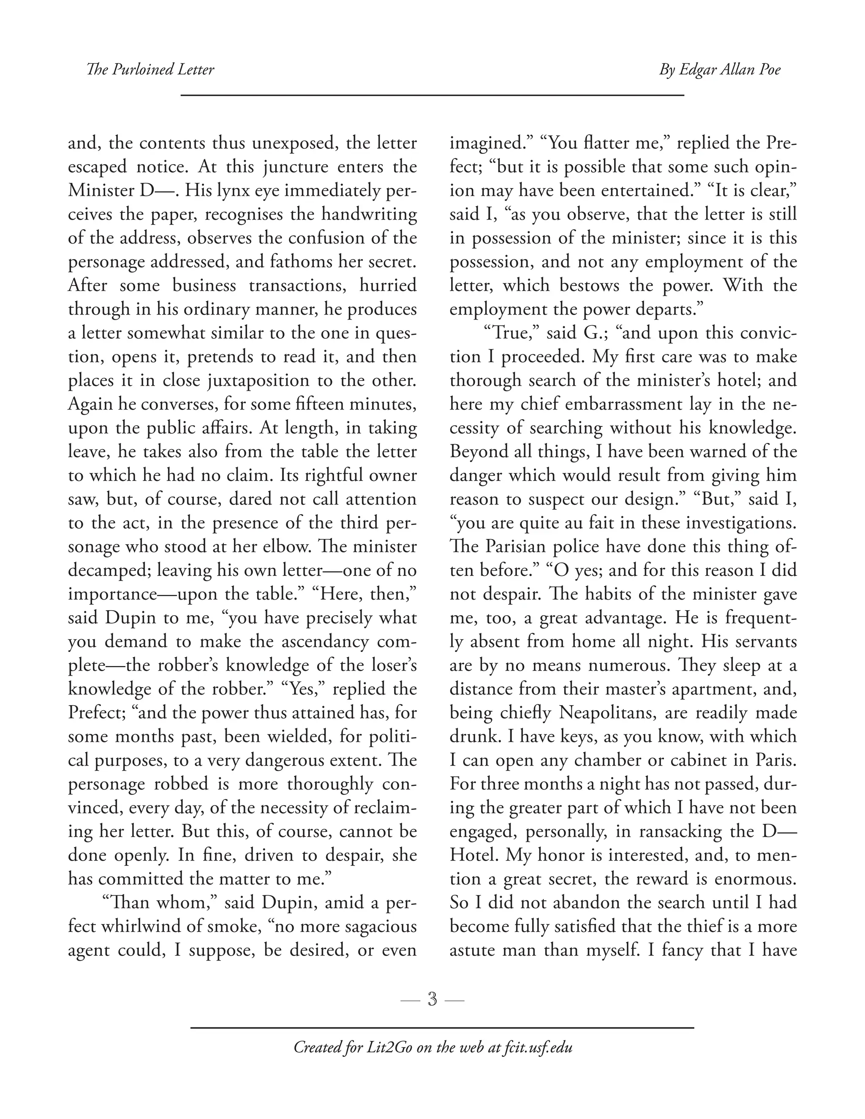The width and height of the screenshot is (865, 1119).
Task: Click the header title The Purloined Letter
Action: pos(150,70)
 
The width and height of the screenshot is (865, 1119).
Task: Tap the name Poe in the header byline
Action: pos(767,70)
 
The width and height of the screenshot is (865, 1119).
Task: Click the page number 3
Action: pos(432,999)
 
